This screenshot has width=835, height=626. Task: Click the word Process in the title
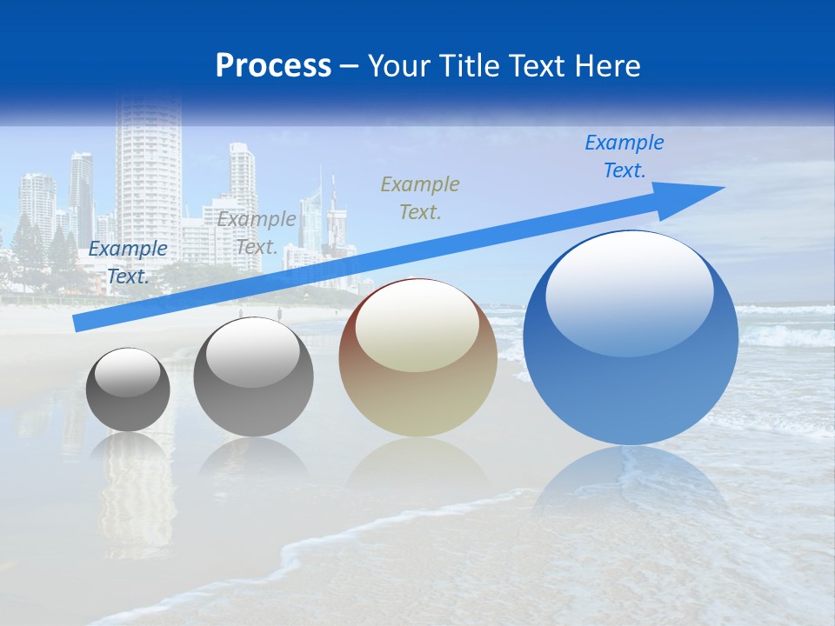coord(273,66)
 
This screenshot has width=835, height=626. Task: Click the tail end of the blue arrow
coord(77,323)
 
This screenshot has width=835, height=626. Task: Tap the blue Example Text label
coord(624,156)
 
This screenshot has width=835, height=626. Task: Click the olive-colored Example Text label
coord(420,197)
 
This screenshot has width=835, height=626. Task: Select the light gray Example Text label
coord(257,233)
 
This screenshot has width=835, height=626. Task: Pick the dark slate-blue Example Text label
coord(128,263)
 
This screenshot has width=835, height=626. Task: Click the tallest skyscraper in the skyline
coord(149,174)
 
